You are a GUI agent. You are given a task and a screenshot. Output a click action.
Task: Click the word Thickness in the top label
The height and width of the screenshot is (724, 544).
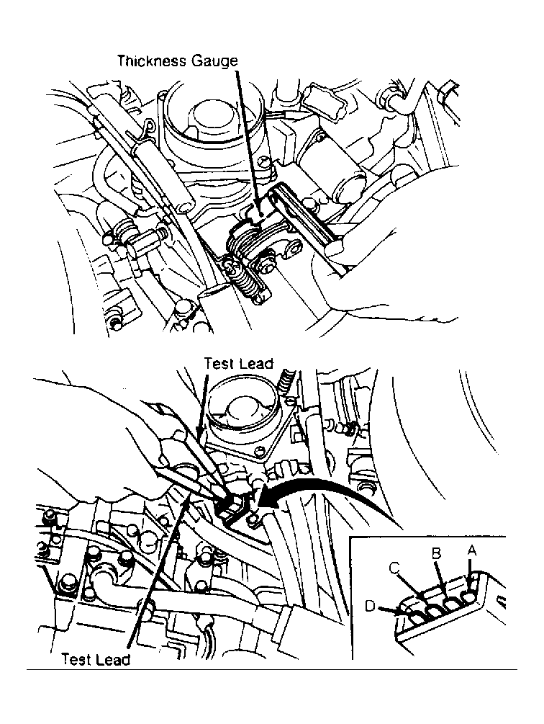pyautogui.click(x=151, y=61)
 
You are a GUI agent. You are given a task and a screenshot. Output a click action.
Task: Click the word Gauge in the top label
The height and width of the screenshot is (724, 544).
pyautogui.click(x=214, y=61)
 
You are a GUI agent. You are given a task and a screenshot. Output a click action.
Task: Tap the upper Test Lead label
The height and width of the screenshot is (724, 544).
pyautogui.click(x=239, y=363)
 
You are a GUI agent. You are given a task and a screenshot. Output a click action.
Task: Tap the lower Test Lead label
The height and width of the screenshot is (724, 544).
pyautogui.click(x=96, y=659)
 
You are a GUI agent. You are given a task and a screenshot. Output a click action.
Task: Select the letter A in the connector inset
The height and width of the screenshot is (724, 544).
pyautogui.click(x=471, y=550)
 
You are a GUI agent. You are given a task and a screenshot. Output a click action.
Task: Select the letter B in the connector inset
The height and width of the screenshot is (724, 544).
pyautogui.click(x=436, y=553)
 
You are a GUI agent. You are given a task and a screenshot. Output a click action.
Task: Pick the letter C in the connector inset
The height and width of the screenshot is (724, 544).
pyautogui.click(x=394, y=568)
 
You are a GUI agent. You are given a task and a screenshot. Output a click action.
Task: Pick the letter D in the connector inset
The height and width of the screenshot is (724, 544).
pyautogui.click(x=370, y=605)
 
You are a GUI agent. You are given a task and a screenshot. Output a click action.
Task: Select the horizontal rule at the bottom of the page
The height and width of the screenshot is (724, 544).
pyautogui.click(x=272, y=669)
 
